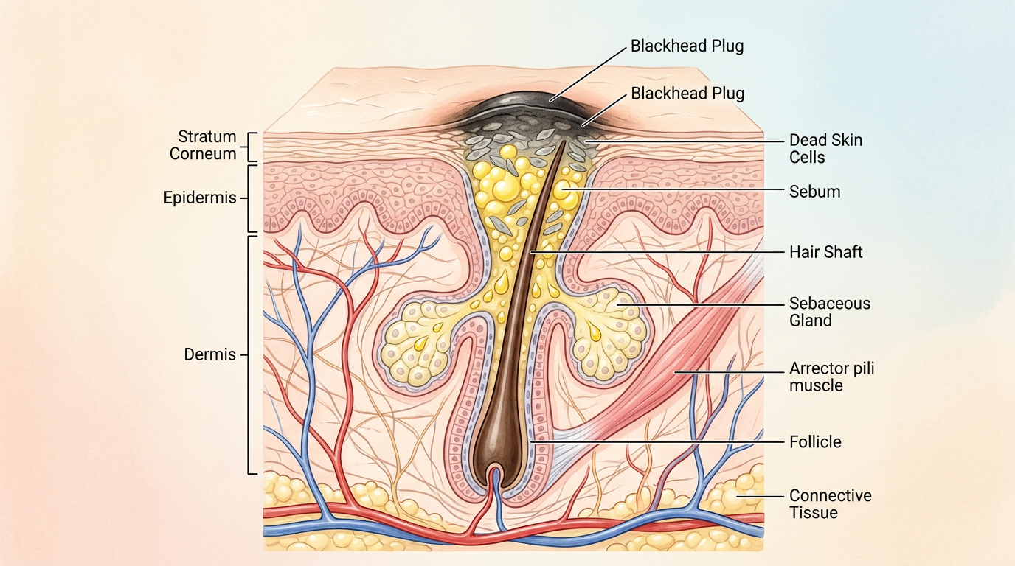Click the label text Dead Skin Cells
[x=825, y=148]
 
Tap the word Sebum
[x=814, y=192]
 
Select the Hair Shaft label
[x=825, y=252]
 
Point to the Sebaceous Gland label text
[x=829, y=312]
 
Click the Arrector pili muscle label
[x=831, y=376]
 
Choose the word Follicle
[x=815, y=442]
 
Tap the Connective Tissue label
[x=830, y=504]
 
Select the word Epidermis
[x=199, y=198]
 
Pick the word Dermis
[x=209, y=354]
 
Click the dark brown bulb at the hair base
[x=493, y=446]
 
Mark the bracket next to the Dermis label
[x=251, y=354]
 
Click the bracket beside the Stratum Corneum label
[x=251, y=146]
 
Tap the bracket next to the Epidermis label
[x=251, y=198]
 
